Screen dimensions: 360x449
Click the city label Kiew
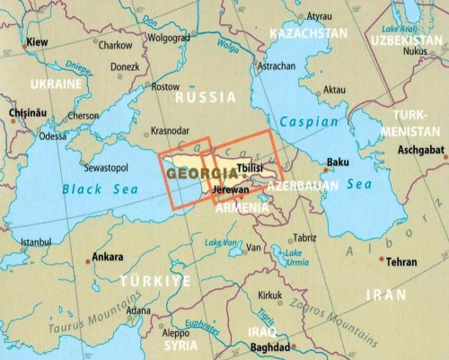[37, 42]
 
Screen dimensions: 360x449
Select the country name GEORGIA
[194, 172]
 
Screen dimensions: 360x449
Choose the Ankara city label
[108, 257]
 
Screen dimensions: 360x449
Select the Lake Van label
[220, 243]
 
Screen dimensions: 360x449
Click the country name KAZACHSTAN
[304, 32]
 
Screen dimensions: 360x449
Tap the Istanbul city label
[36, 241]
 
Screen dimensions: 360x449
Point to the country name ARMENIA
[241, 208]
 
